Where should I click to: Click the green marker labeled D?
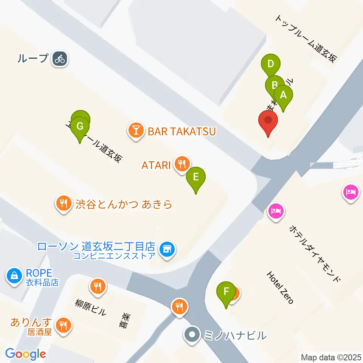[x=270, y=64]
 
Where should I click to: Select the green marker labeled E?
[x=195, y=177]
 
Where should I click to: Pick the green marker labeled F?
[x=226, y=292]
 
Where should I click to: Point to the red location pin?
[x=268, y=121]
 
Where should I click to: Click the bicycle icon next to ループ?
[x=59, y=59]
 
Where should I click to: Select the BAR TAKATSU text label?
[x=181, y=132]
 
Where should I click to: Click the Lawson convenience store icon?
[x=166, y=249]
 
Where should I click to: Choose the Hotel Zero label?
[x=280, y=287]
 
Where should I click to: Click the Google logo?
[x=25, y=354]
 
